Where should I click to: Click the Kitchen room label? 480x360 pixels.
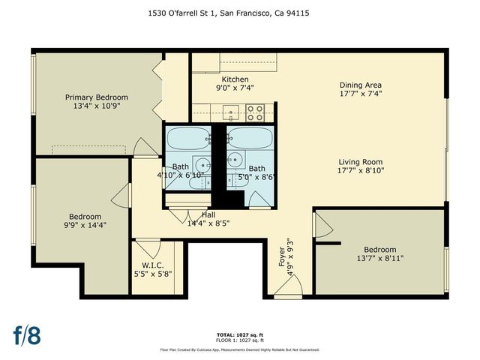tap(235, 79)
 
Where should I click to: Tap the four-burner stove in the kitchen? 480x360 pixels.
tap(255, 112)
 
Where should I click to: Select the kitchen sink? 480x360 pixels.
tap(232, 113)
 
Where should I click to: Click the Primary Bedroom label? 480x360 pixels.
tap(96, 97)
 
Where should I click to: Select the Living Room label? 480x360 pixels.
tap(361, 161)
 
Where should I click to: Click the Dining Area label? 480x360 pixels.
tap(361, 85)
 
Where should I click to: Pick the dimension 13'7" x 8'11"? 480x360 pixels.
tap(379, 259)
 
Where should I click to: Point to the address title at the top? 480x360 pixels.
tap(239, 13)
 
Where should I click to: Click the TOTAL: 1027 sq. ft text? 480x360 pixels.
tap(239, 335)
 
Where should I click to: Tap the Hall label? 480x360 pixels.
tap(208, 214)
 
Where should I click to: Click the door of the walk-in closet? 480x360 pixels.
tap(148, 248)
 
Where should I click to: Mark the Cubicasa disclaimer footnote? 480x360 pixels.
tap(239, 349)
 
